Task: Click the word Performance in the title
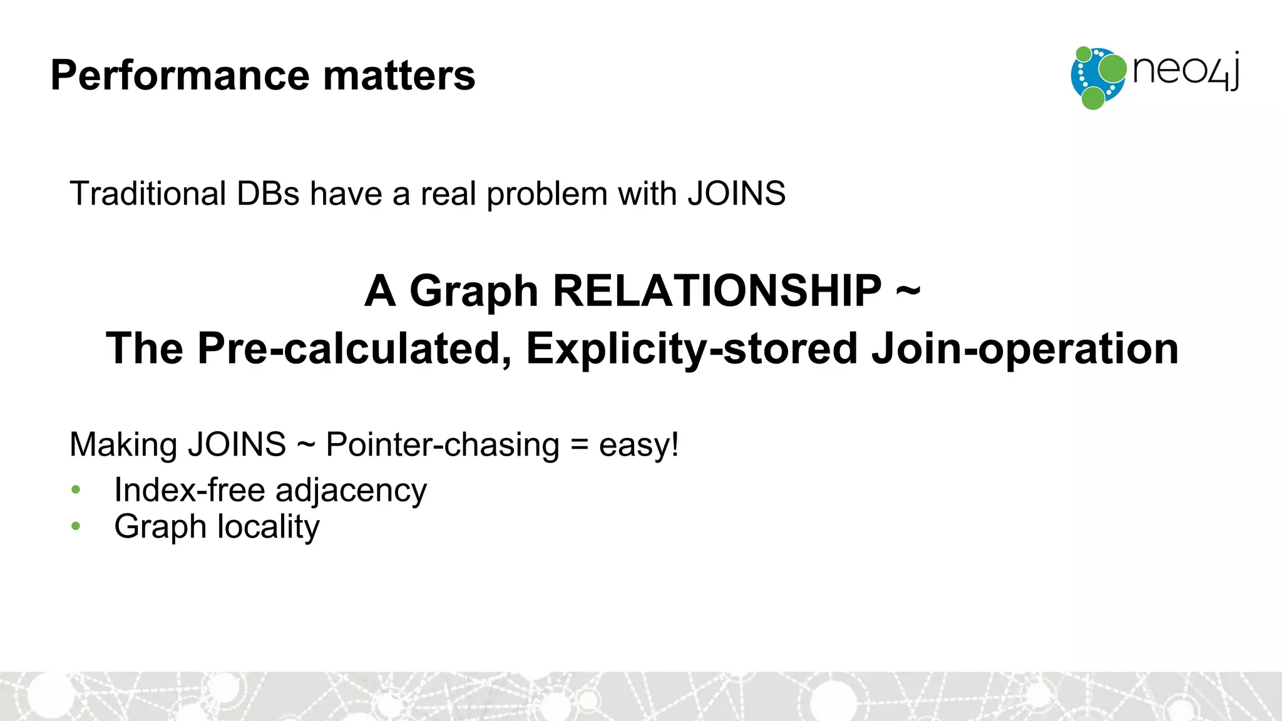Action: pos(180,76)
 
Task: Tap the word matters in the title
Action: pos(399,76)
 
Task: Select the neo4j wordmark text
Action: pos(1186,71)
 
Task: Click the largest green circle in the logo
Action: pos(1112,69)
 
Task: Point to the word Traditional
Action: pos(148,193)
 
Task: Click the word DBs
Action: pos(268,193)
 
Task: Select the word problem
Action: pos(547,195)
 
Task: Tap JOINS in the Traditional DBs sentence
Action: pos(736,193)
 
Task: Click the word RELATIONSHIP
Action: pos(717,291)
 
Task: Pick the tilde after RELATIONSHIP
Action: pos(908,290)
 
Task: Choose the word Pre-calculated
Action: pos(354,349)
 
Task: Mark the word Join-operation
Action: pos(1025,349)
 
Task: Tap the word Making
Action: pos(124,445)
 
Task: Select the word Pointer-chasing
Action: pos(443,445)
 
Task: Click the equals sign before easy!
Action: pos(579,446)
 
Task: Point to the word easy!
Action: pos(638,445)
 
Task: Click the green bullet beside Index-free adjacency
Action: pos(76,490)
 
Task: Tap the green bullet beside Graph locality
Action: pos(76,526)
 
